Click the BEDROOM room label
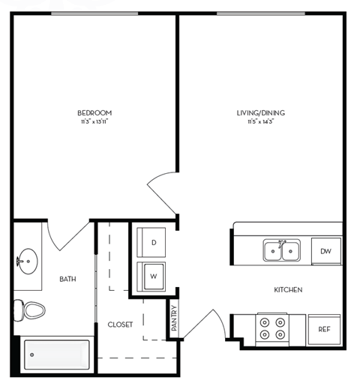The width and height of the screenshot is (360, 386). pos(95,112)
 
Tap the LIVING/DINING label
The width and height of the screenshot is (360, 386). pos(260,113)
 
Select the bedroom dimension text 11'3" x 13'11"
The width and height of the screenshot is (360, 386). pos(95,121)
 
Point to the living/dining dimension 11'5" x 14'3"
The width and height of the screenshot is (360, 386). pos(260,121)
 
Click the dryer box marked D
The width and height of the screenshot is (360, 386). pos(153,243)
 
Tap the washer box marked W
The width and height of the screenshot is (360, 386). pos(153,276)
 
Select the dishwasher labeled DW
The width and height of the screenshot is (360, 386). pos(325,251)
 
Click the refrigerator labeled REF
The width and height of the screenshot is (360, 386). pos(324,329)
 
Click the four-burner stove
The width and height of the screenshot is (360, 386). pos(271,327)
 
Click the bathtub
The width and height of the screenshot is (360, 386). pos(56,355)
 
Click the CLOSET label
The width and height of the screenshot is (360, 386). pos(120,325)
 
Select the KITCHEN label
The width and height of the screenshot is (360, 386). pos(288,289)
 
